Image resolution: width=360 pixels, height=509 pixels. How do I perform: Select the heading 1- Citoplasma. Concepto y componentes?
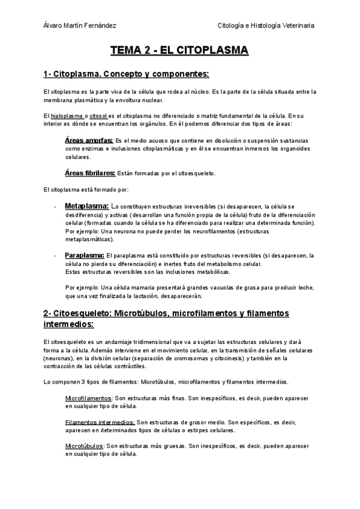click(x=126, y=74)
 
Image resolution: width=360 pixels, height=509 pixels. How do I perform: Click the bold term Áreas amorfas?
click(x=88, y=140)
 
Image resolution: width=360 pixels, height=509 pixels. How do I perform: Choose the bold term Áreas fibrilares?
click(x=90, y=173)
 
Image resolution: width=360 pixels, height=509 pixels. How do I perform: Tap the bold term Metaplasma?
click(x=86, y=205)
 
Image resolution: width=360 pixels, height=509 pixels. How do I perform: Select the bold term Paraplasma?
click(x=85, y=255)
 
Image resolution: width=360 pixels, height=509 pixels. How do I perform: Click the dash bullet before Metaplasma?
click(x=55, y=206)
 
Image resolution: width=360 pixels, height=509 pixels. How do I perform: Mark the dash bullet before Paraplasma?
click(x=55, y=256)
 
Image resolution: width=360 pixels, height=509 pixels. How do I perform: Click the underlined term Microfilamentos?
click(x=88, y=398)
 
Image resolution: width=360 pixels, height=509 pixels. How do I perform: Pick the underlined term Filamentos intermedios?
click(x=100, y=422)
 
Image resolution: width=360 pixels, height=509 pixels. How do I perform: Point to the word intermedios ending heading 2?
click(x=68, y=325)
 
